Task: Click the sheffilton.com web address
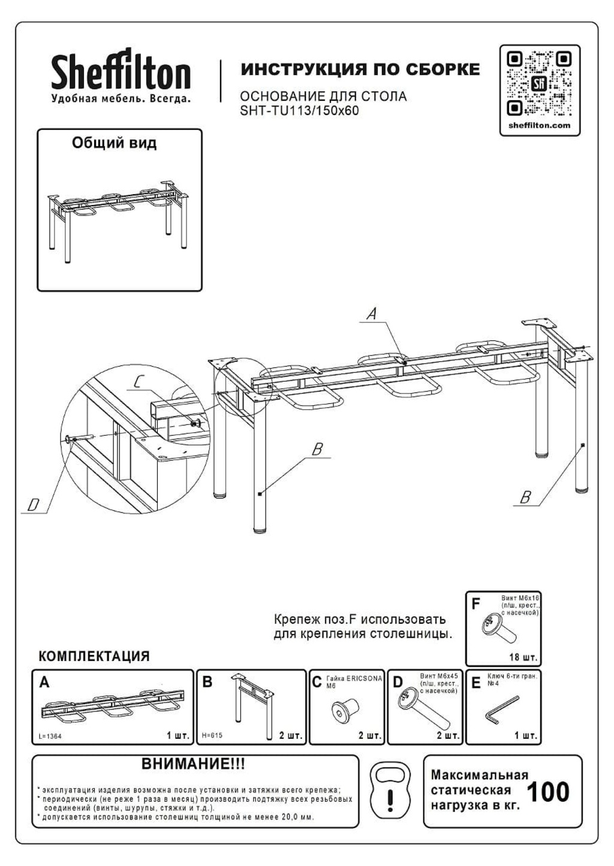[x=539, y=125]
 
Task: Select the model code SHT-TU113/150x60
[x=299, y=110]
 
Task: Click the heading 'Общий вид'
[x=114, y=143]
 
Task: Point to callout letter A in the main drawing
[x=372, y=313]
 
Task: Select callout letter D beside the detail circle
[x=34, y=505]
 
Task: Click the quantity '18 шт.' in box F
[x=523, y=657]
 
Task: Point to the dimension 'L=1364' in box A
[x=50, y=736]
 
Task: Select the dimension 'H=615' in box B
[x=212, y=735]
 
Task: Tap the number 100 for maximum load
[x=547, y=792]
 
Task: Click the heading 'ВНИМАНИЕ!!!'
[x=193, y=764]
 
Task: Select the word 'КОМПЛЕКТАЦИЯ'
[x=94, y=656]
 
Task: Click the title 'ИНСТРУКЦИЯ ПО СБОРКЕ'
[x=360, y=70]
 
